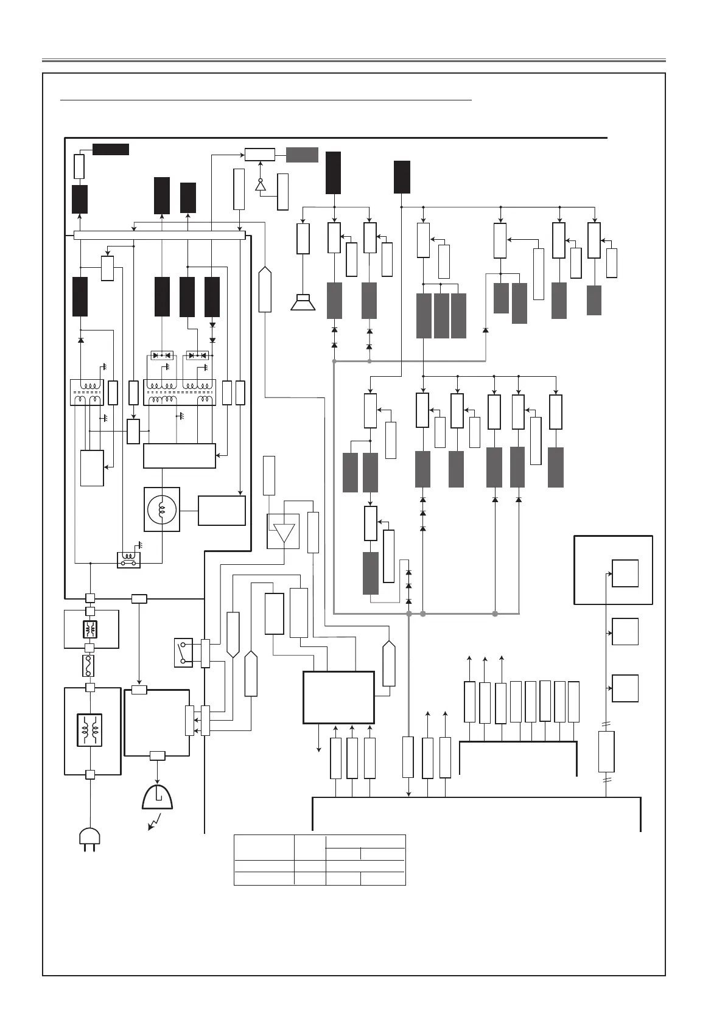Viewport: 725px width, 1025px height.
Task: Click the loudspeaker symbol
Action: [x=303, y=303]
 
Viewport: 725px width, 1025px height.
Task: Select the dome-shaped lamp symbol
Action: [x=157, y=797]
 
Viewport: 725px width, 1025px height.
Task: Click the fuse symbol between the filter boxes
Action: [x=89, y=666]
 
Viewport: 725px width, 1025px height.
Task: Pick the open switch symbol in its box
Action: [x=183, y=652]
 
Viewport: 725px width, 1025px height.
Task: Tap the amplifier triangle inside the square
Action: [x=284, y=532]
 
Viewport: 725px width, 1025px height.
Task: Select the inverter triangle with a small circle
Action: [x=261, y=185]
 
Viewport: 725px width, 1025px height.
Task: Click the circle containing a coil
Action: [x=161, y=509]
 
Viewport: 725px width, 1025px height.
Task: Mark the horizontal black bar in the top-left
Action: [x=110, y=150]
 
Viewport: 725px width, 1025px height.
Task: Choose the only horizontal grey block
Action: [x=302, y=155]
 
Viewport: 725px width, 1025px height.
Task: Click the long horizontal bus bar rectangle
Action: [x=159, y=236]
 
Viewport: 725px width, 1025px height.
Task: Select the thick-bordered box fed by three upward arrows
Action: [x=338, y=698]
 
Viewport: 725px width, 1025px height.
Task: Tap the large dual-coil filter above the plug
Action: [x=89, y=730]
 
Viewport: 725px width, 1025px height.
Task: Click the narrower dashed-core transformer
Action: [x=86, y=392]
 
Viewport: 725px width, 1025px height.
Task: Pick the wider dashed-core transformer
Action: [x=179, y=392]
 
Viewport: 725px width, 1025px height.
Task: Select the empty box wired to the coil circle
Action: [x=222, y=510]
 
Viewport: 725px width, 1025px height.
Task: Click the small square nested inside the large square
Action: [x=625, y=573]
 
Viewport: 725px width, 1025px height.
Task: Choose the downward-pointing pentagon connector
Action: [x=233, y=635]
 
